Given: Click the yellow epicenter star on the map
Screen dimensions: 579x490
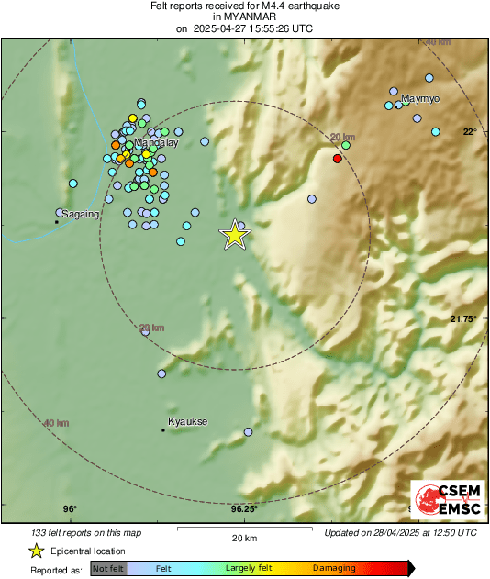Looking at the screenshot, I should (x=236, y=235).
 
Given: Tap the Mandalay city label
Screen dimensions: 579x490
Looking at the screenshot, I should (x=156, y=144).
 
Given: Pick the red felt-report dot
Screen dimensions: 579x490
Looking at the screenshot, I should (x=337, y=159).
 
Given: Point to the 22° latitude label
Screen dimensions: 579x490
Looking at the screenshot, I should (x=469, y=131).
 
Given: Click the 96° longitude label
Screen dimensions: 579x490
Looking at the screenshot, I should (x=70, y=509).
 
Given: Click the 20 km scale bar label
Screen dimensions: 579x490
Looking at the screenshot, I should (x=244, y=538).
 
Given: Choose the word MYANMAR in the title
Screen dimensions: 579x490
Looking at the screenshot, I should (x=245, y=17).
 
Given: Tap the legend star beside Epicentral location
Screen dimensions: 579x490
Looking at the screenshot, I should (x=36, y=551).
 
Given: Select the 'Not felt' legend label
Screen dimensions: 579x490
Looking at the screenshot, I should (x=108, y=569).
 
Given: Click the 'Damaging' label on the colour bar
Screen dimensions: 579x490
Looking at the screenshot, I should (x=334, y=569).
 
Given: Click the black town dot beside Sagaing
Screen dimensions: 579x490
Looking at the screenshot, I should (x=57, y=221).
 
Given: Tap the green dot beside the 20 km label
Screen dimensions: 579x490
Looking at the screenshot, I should (x=346, y=145).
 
